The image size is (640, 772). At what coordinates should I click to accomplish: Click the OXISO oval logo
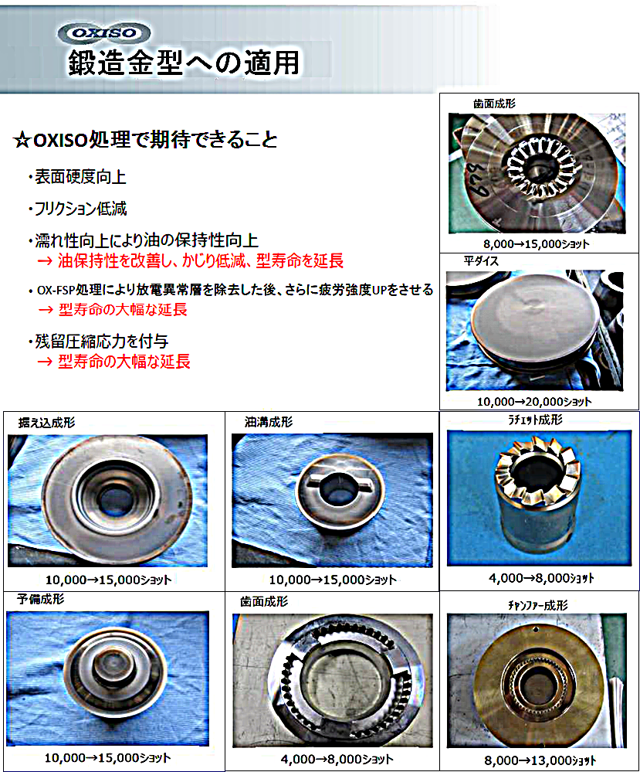(x=103, y=33)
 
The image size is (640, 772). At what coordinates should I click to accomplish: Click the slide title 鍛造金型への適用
(x=184, y=63)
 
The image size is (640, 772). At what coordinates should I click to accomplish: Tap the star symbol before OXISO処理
(x=22, y=141)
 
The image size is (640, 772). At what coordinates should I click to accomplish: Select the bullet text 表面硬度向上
(x=80, y=177)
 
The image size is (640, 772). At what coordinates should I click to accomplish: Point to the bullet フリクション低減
(x=80, y=209)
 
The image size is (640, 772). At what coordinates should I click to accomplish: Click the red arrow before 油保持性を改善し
(x=45, y=261)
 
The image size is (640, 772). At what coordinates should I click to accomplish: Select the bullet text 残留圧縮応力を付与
(x=102, y=342)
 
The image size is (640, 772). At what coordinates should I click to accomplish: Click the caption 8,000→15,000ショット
(x=537, y=243)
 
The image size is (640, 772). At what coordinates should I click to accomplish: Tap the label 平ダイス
(x=481, y=261)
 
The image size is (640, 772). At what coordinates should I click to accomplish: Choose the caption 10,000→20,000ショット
(x=534, y=402)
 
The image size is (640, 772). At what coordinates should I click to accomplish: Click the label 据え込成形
(x=47, y=423)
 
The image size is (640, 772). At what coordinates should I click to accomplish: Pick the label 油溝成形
(x=269, y=422)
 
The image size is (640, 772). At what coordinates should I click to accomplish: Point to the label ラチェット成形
(x=535, y=420)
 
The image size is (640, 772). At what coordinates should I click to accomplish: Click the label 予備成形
(x=40, y=599)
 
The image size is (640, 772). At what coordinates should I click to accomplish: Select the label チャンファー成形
(x=537, y=605)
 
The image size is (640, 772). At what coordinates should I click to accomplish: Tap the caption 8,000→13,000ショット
(x=540, y=760)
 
